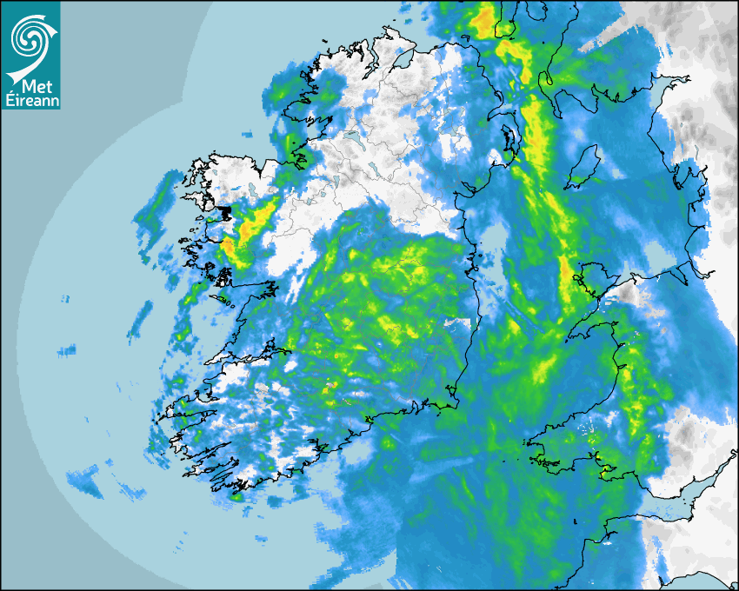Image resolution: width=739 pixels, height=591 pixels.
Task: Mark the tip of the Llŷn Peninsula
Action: [569, 335]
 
